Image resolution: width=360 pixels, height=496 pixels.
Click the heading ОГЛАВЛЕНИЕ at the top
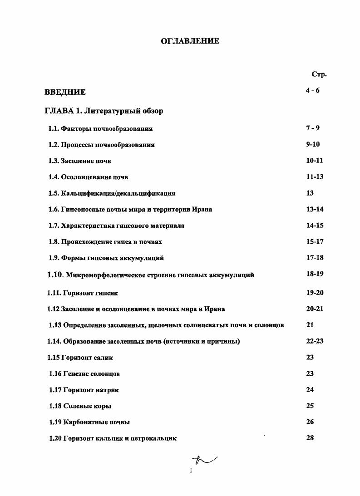point(190,41)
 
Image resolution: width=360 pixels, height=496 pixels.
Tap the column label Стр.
point(319,74)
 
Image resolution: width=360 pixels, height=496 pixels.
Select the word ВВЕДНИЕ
point(65,92)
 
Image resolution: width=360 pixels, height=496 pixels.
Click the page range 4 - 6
point(313,90)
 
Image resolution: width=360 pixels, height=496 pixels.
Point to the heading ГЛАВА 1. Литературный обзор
point(104,111)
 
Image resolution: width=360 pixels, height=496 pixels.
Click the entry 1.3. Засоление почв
point(79,161)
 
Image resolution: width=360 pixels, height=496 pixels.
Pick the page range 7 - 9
point(313,128)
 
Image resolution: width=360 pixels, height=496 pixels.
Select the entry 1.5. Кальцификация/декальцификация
point(112,193)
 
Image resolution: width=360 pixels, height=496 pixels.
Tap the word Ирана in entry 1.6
point(202,210)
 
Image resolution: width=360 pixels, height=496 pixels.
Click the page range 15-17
point(315,241)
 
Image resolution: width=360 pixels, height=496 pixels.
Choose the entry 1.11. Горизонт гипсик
point(83,293)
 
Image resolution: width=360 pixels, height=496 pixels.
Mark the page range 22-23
point(315,341)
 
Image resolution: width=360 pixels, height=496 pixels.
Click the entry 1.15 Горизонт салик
point(80,358)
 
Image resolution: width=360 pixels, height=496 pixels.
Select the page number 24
point(310,389)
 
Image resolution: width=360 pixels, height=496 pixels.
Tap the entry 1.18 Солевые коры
point(80,406)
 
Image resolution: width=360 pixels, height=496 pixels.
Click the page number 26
point(310,422)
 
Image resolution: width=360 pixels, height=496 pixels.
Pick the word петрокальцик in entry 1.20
point(154,438)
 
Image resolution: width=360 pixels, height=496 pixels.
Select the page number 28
point(310,438)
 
